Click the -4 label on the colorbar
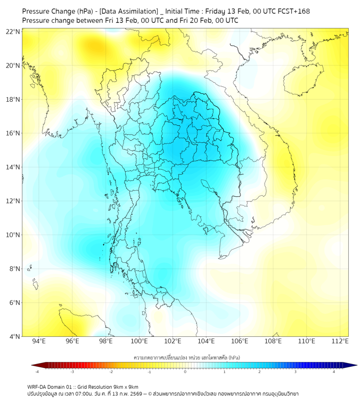[x=37, y=372]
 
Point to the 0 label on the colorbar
[x=185, y=372]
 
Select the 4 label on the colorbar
[x=334, y=372]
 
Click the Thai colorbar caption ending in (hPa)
[x=185, y=356]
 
